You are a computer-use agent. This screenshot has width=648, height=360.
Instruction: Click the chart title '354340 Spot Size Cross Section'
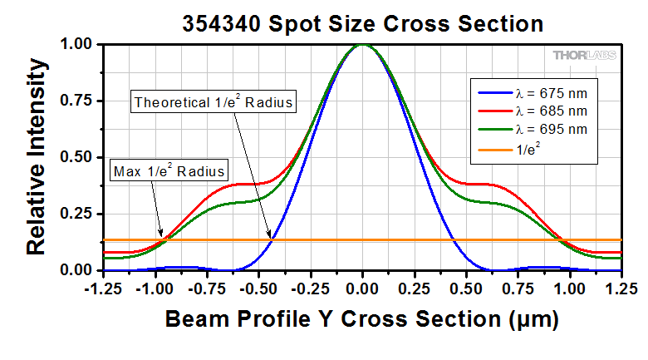363,23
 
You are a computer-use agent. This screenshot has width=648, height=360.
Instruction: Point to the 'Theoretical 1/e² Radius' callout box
215,102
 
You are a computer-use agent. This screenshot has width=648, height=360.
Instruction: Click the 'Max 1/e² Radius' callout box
169,172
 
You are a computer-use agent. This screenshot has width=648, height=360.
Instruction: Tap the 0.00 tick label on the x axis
362,288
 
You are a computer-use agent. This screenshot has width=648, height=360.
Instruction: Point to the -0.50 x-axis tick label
257,288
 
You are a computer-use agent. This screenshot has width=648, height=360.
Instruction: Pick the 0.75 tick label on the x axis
518,288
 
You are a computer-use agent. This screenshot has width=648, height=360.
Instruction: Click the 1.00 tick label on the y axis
76,44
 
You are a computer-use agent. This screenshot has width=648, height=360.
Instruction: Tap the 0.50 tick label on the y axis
76,157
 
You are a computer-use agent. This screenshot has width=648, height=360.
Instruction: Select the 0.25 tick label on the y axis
76,214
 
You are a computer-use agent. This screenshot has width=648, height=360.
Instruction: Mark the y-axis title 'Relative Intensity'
35,156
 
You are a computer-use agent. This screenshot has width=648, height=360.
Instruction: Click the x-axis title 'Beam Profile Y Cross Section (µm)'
362,319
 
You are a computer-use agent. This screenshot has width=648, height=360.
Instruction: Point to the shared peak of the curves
362,45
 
